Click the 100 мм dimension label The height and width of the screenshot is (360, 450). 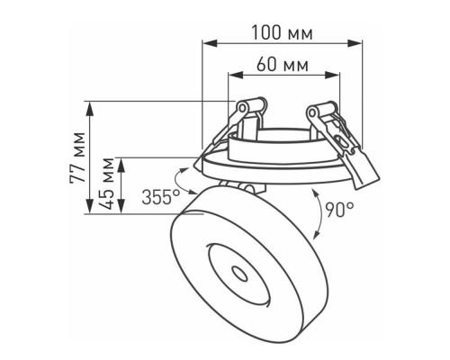pos(282,32)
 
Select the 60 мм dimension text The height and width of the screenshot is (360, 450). pos(283,64)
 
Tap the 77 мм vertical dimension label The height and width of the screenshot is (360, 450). pos(77,157)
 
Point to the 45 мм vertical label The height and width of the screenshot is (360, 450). pos(107,183)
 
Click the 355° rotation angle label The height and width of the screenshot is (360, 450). pos(161,197)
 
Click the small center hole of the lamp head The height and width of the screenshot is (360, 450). pos(240,274)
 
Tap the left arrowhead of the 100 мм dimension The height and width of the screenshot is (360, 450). pos(210,43)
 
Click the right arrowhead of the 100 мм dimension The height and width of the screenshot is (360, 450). pos(355,43)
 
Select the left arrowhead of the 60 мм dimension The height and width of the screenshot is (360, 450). pos(236,76)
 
